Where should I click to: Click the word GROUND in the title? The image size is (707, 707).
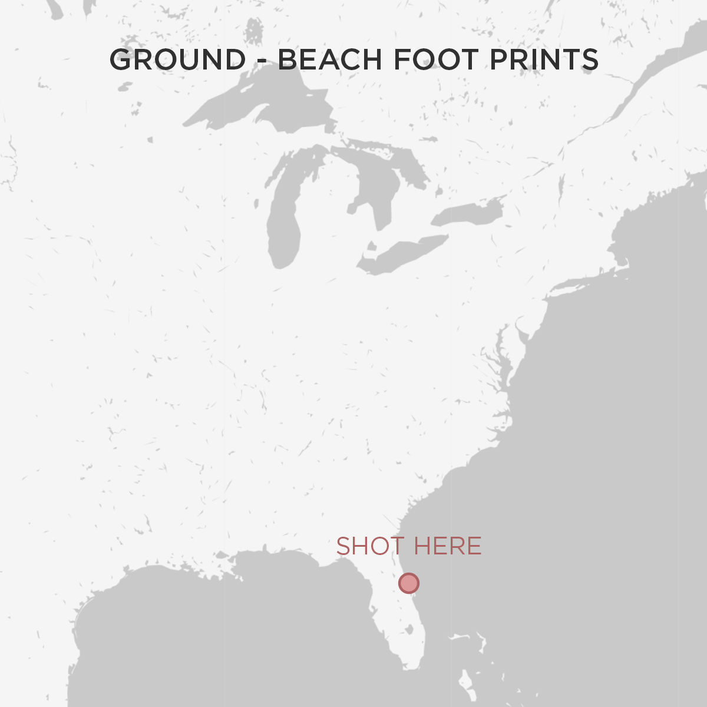point(177,60)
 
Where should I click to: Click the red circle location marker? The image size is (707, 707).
point(408,583)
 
